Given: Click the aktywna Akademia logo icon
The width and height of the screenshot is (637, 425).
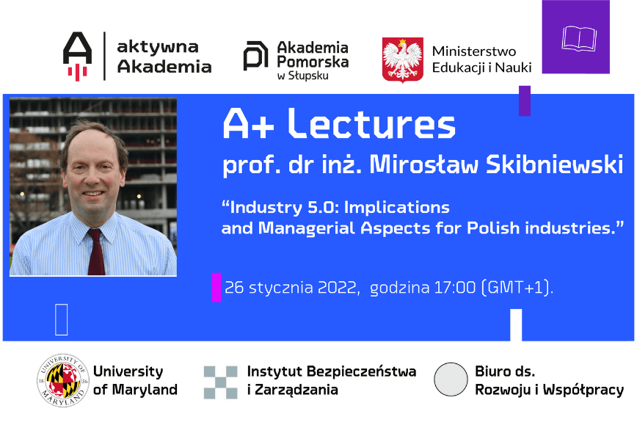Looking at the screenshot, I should point(78,56).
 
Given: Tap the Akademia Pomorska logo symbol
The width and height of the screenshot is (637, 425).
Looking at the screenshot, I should point(255,56).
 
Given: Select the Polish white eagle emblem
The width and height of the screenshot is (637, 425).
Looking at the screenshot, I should point(403,59).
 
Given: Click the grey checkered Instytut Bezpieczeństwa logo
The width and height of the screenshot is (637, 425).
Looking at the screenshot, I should point(220,382).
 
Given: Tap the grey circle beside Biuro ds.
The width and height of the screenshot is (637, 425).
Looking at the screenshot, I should point(451,380).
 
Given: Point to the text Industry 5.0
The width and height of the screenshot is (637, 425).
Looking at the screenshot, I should point(282,206).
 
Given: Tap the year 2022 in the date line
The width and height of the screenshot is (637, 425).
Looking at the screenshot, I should point(338,288).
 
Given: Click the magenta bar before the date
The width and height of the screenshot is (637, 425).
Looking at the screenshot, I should point(216,287).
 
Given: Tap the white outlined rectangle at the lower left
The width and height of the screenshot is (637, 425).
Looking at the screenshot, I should point(62,319).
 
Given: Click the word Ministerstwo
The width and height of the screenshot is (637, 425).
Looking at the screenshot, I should point(474,51).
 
